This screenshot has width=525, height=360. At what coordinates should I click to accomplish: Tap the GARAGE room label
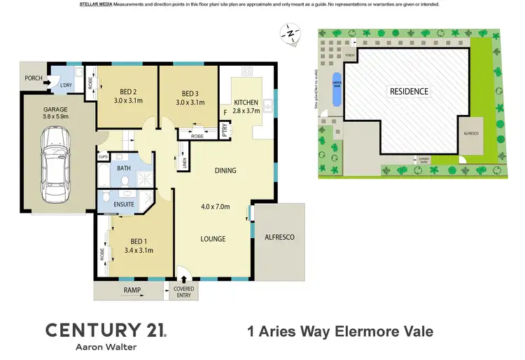[x=55, y=110]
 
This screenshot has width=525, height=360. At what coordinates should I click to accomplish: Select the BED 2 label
[x=127, y=93]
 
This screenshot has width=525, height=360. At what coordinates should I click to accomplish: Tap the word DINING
[x=225, y=170]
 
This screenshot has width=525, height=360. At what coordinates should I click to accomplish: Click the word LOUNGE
[x=213, y=239]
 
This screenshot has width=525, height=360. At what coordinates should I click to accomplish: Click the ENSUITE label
[x=124, y=204]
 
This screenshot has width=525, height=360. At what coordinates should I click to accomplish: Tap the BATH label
[x=124, y=169]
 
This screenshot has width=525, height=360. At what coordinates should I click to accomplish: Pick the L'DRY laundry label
[x=67, y=85]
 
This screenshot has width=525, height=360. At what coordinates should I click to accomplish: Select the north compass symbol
[x=288, y=32]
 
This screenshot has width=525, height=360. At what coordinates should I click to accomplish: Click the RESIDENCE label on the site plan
[x=409, y=91]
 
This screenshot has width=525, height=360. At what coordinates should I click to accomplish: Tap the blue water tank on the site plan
[x=336, y=89]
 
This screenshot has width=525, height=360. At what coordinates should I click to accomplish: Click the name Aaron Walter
[x=105, y=347]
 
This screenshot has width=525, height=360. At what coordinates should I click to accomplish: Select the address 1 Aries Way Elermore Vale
[x=341, y=331]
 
